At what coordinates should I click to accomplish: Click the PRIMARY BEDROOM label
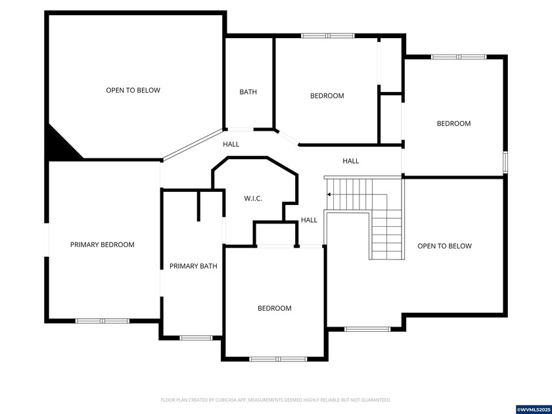(102, 244)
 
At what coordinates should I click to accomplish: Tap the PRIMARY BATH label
(193, 266)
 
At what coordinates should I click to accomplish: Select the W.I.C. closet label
(253, 198)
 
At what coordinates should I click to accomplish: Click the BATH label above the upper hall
(248, 92)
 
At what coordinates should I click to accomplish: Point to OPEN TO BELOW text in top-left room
(133, 90)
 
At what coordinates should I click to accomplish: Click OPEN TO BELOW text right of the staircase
(444, 246)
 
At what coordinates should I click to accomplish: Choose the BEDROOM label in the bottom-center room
(274, 308)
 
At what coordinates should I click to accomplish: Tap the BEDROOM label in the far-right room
(453, 124)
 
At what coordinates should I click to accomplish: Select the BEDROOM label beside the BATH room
(327, 96)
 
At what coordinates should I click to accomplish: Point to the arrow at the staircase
(329, 195)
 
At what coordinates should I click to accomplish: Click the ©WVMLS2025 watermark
(533, 409)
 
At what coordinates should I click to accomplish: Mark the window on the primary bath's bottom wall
(192, 338)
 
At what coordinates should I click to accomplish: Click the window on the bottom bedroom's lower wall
(274, 359)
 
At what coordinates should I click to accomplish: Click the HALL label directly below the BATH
(231, 144)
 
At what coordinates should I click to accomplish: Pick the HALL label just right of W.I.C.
(309, 220)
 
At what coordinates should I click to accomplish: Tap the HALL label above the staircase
(350, 161)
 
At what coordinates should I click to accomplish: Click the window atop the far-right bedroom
(458, 57)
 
